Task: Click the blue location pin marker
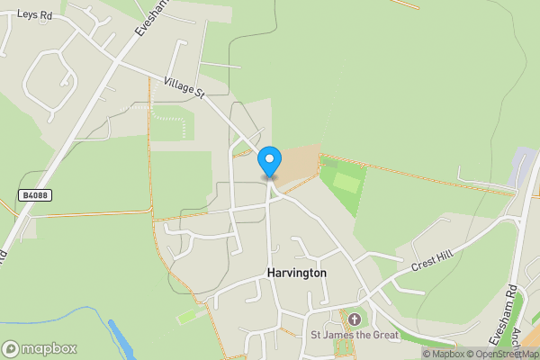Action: [x=269, y=162]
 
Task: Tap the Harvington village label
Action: [x=296, y=272]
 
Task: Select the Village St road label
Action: [x=185, y=88]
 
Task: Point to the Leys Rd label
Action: [x=34, y=15]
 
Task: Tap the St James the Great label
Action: [x=355, y=336]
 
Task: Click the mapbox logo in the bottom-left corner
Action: [x=40, y=348]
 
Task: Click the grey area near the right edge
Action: [x=522, y=166]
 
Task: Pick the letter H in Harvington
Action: [x=271, y=272]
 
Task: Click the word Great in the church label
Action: [x=383, y=336]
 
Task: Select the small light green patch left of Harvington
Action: [x=189, y=317]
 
